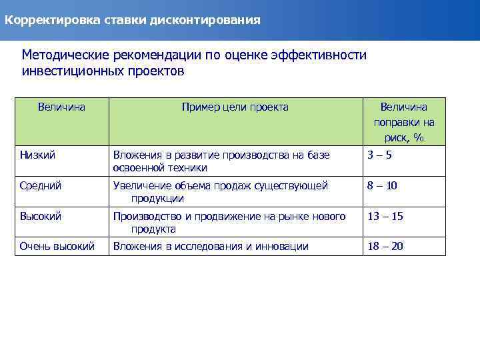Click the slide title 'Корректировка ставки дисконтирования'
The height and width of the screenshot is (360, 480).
133,20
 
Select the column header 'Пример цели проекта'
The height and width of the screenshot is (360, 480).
235,107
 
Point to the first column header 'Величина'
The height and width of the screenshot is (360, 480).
61,107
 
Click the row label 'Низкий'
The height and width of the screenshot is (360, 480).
37,155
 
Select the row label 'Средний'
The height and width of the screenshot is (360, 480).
41,185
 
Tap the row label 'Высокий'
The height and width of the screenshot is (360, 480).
41,216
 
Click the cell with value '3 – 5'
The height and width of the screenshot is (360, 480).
381,155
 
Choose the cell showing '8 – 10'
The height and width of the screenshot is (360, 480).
382,185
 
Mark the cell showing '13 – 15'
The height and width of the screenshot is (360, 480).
385,216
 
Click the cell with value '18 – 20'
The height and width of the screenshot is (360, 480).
385,246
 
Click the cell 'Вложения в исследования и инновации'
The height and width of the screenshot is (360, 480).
211,246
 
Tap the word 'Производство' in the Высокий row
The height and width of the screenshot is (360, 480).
145,216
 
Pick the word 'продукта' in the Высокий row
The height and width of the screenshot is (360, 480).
153,229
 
